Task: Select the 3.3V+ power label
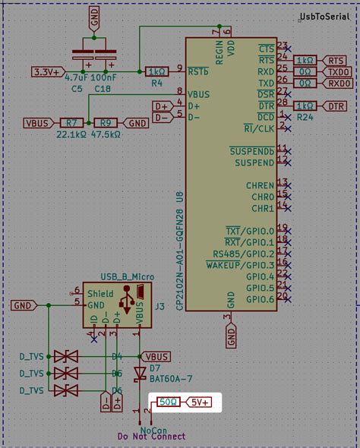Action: click(x=47, y=71)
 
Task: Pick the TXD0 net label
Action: click(x=338, y=71)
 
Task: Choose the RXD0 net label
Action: click(x=339, y=83)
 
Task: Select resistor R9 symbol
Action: click(x=106, y=123)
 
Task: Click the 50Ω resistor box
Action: click(x=167, y=402)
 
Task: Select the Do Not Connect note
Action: click(x=151, y=437)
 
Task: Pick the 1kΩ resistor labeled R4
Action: click(x=156, y=71)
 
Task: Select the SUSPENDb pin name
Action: click(x=251, y=151)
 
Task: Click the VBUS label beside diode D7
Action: click(x=156, y=356)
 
